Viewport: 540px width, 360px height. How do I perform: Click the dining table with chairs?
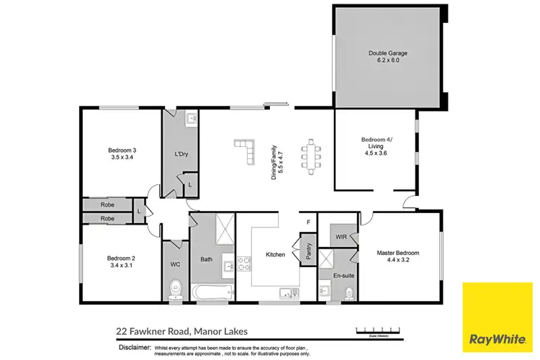pyautogui.click(x=311, y=156)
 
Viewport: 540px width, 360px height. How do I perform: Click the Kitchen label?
pyautogui.click(x=275, y=254)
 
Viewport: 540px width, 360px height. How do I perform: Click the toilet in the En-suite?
pyautogui.click(x=348, y=292)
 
